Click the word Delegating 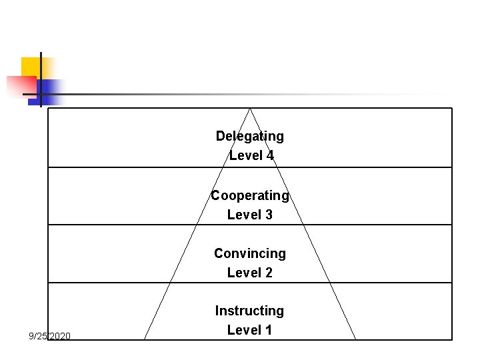click(x=249, y=136)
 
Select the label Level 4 click(x=251, y=155)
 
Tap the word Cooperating click(x=250, y=195)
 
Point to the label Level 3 click(x=250, y=215)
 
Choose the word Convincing click(x=250, y=253)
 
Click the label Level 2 click(x=250, y=273)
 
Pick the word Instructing click(x=249, y=311)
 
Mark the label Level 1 click(x=250, y=330)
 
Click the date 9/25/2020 click(x=49, y=335)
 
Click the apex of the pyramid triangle click(x=250, y=109)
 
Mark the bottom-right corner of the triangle click(x=355, y=339)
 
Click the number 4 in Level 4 click(x=269, y=155)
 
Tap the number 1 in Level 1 click(x=268, y=330)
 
